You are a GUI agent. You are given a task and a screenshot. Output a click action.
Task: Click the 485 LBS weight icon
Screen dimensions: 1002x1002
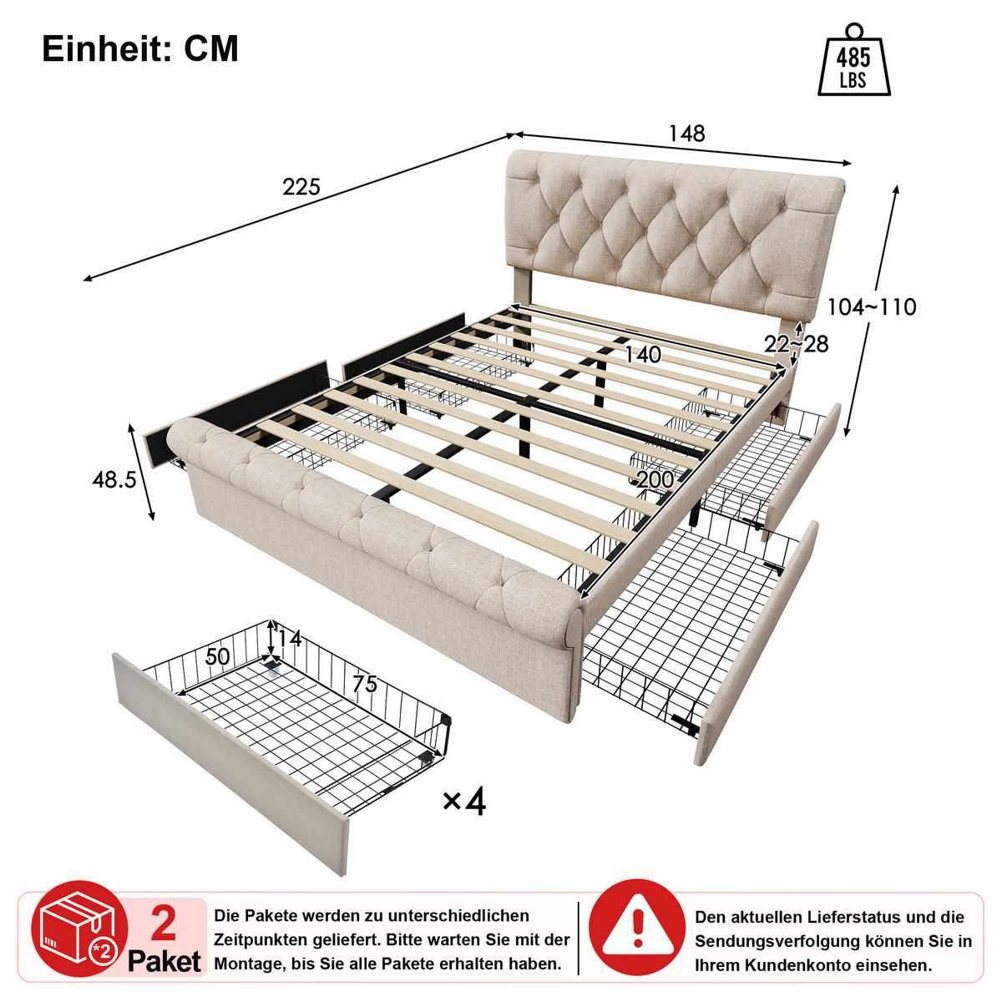click(853, 59)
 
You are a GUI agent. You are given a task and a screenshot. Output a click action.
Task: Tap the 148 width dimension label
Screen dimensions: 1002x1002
click(686, 134)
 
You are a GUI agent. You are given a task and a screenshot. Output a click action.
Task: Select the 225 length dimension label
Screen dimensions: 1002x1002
click(301, 187)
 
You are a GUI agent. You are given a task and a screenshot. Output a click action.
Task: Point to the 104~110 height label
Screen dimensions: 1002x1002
click(872, 306)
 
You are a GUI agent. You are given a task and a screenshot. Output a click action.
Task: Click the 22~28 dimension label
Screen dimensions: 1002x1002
click(796, 344)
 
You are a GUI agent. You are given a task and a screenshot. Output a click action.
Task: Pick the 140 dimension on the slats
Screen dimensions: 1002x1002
click(643, 355)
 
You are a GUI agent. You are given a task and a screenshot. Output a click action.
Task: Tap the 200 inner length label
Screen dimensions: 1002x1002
click(655, 479)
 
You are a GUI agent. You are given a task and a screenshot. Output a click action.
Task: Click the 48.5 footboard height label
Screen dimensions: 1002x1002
click(114, 479)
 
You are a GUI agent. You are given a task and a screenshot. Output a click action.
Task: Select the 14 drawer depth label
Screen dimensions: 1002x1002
click(289, 638)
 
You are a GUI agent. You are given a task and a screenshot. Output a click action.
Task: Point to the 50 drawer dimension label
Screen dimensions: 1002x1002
click(217, 657)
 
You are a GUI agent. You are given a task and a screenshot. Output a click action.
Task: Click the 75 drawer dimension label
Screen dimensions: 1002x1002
click(365, 684)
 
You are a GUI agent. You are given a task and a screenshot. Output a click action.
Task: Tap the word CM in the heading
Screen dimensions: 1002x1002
click(211, 49)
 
